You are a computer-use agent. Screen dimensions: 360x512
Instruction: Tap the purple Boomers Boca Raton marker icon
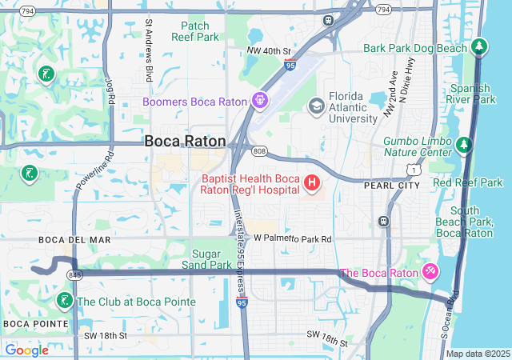259,101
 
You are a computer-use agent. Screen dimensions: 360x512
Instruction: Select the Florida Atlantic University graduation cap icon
316,106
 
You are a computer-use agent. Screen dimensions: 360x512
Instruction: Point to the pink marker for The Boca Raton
430,273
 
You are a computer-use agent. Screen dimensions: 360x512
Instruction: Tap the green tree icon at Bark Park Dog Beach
479,48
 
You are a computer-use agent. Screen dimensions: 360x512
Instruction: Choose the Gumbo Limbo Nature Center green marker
464,146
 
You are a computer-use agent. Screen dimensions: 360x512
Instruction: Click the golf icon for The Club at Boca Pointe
63,302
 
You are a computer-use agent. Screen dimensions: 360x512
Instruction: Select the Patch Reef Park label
195,31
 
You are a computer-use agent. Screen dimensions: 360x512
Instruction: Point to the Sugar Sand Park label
206,258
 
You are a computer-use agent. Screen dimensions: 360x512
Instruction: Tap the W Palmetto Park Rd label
292,238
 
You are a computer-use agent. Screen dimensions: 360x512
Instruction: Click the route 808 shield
258,150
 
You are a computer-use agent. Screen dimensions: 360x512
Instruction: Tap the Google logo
26,350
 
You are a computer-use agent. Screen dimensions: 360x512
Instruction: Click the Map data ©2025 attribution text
477,354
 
